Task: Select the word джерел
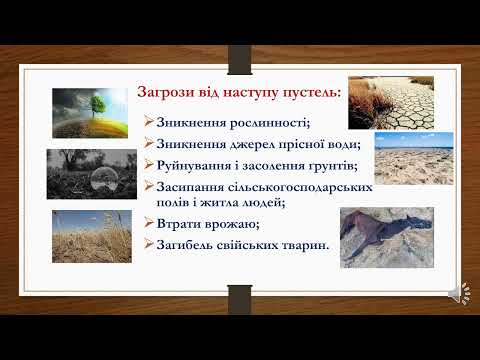[254, 143]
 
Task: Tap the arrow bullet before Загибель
[148, 244]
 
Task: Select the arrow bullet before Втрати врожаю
[148, 223]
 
